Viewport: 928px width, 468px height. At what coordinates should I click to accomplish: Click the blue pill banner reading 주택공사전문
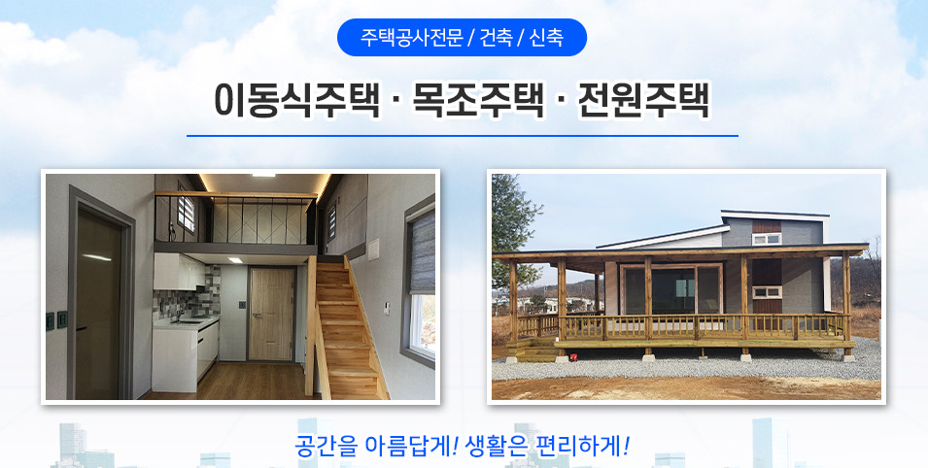[462, 37]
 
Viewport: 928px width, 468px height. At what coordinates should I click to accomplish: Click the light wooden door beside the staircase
[271, 314]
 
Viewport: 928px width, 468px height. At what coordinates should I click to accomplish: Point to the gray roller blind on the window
[421, 252]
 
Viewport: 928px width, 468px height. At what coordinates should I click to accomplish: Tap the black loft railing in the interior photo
[235, 218]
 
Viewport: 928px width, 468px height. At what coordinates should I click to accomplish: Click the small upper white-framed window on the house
[767, 239]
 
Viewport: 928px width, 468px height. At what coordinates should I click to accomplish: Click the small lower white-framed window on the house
[767, 291]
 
